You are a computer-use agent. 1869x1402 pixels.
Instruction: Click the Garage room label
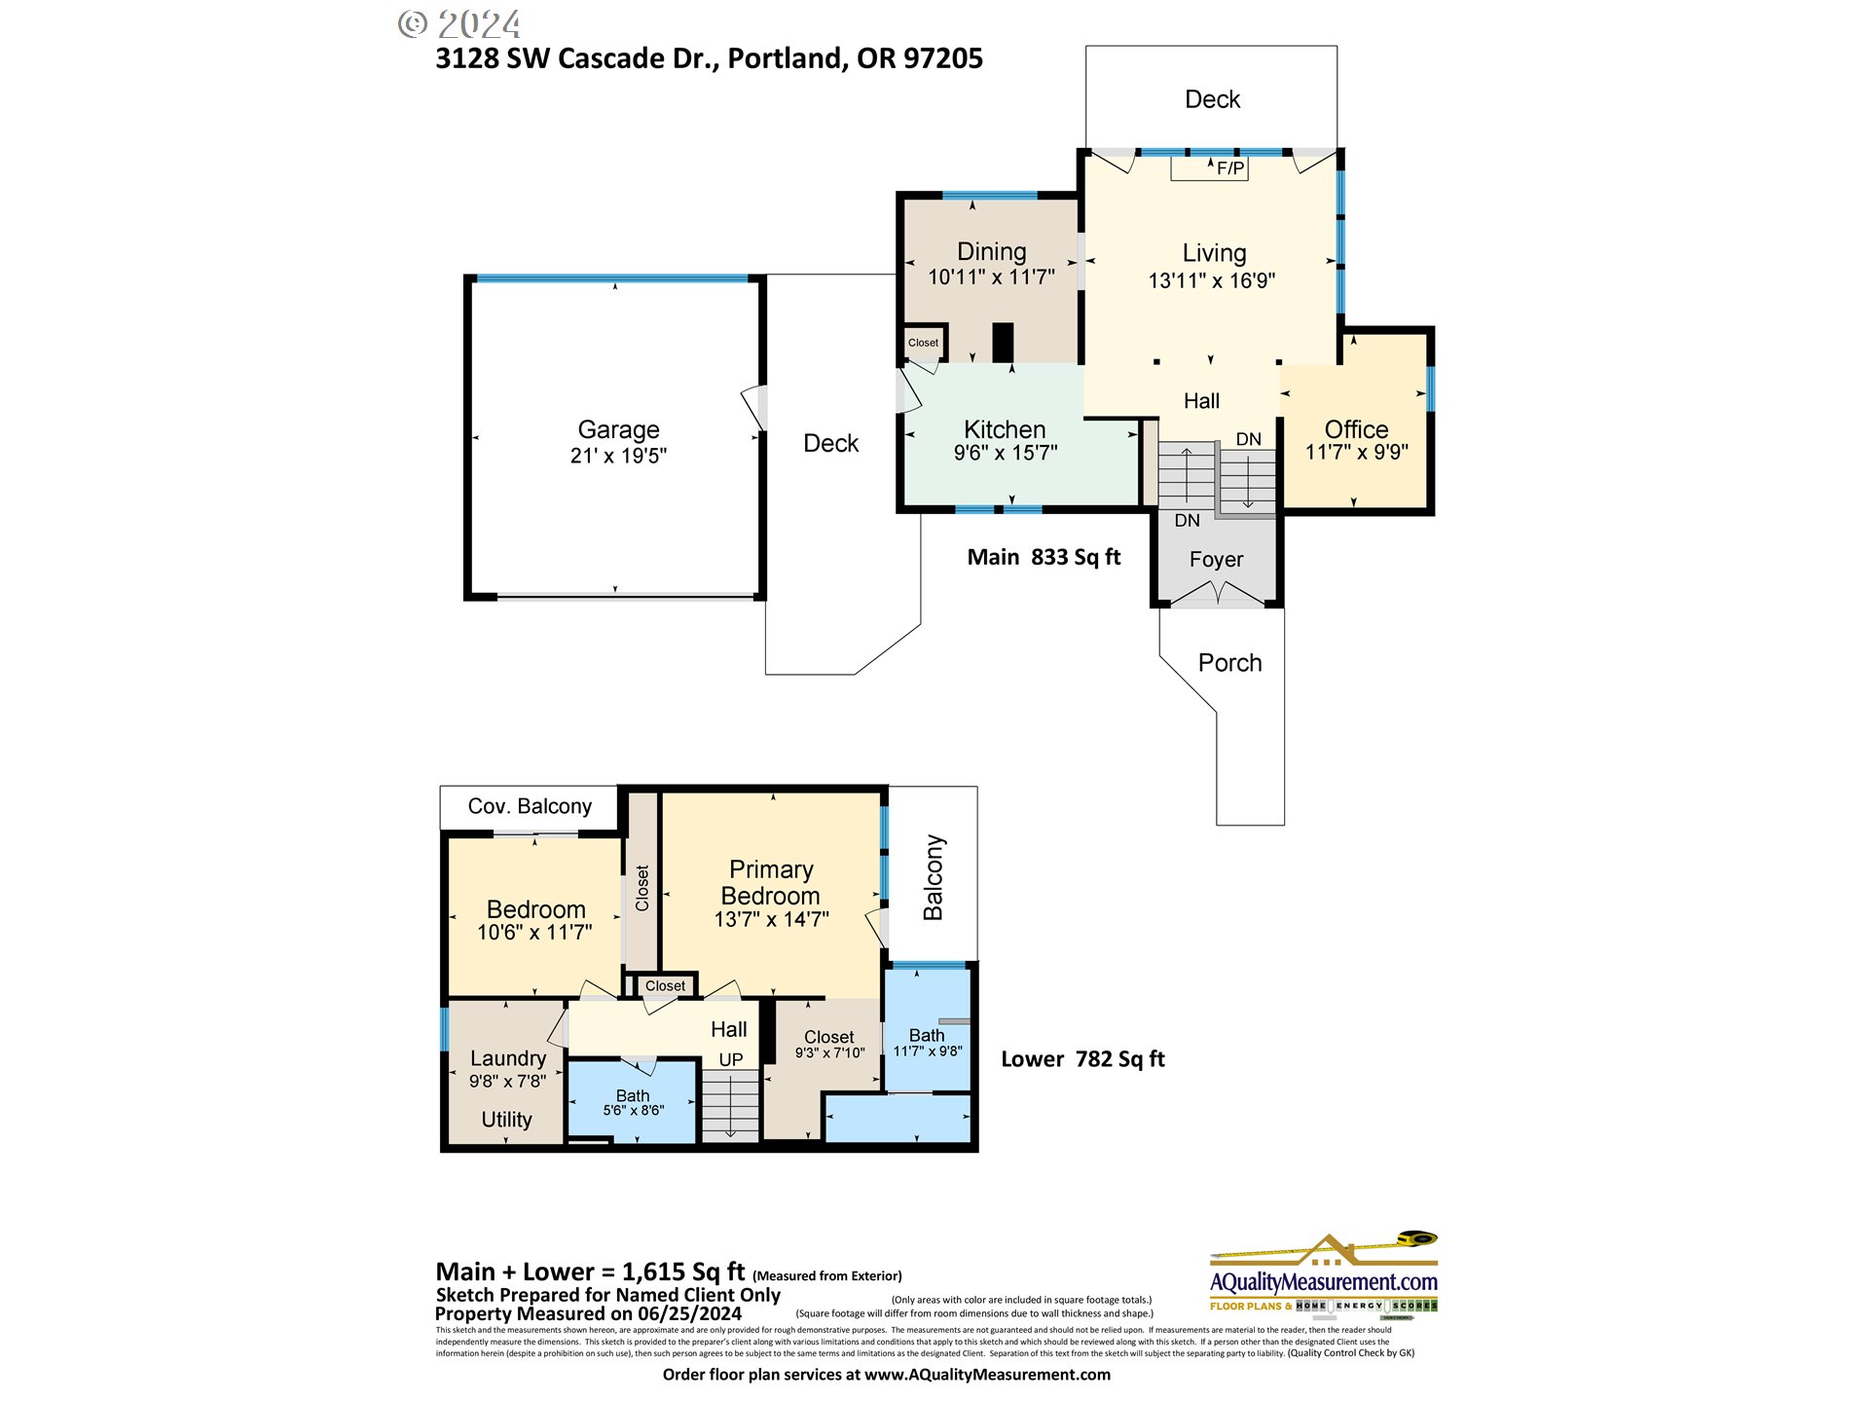(618, 429)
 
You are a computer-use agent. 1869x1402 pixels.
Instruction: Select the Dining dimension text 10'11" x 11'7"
(991, 277)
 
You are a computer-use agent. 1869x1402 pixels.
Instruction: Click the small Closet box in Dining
(923, 343)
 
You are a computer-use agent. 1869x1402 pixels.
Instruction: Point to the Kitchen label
(1005, 429)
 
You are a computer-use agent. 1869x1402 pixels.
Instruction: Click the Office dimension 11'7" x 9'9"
(1356, 452)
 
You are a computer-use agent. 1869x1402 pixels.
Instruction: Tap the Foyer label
(1216, 560)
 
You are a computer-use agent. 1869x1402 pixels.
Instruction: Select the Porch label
(1229, 663)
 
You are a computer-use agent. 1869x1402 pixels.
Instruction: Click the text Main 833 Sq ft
(1044, 557)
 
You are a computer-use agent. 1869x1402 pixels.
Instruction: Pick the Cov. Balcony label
(530, 806)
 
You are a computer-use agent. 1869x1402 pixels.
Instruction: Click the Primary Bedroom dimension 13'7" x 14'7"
(771, 919)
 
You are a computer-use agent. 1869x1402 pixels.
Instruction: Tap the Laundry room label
(507, 1058)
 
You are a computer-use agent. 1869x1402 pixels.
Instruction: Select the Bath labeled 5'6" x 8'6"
(633, 1102)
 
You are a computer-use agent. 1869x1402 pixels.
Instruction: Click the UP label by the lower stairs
(731, 1059)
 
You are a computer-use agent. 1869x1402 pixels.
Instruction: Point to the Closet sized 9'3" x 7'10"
(829, 1044)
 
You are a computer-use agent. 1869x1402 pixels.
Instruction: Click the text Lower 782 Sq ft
(1082, 1059)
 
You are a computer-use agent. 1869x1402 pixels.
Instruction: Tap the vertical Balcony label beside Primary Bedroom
(933, 876)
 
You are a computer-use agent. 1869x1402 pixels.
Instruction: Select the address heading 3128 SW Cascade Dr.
(709, 58)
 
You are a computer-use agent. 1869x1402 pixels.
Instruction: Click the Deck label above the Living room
(1212, 99)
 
